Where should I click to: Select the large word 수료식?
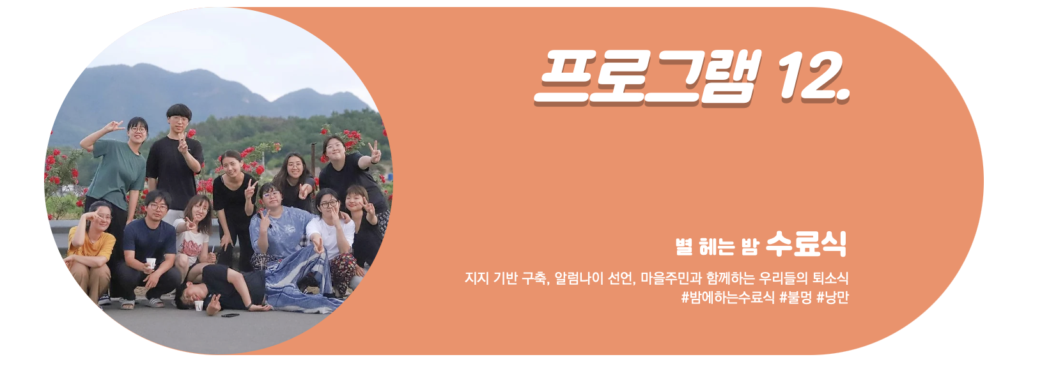(806, 244)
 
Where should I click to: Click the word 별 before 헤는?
(684, 247)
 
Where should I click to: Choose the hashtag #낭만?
(833, 298)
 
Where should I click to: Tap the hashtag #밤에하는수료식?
(728, 298)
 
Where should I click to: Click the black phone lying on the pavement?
(230, 315)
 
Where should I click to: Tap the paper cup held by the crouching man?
(151, 263)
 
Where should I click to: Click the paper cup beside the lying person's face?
(199, 305)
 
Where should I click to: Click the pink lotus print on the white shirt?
(191, 247)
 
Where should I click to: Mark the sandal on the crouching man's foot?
(156, 303)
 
